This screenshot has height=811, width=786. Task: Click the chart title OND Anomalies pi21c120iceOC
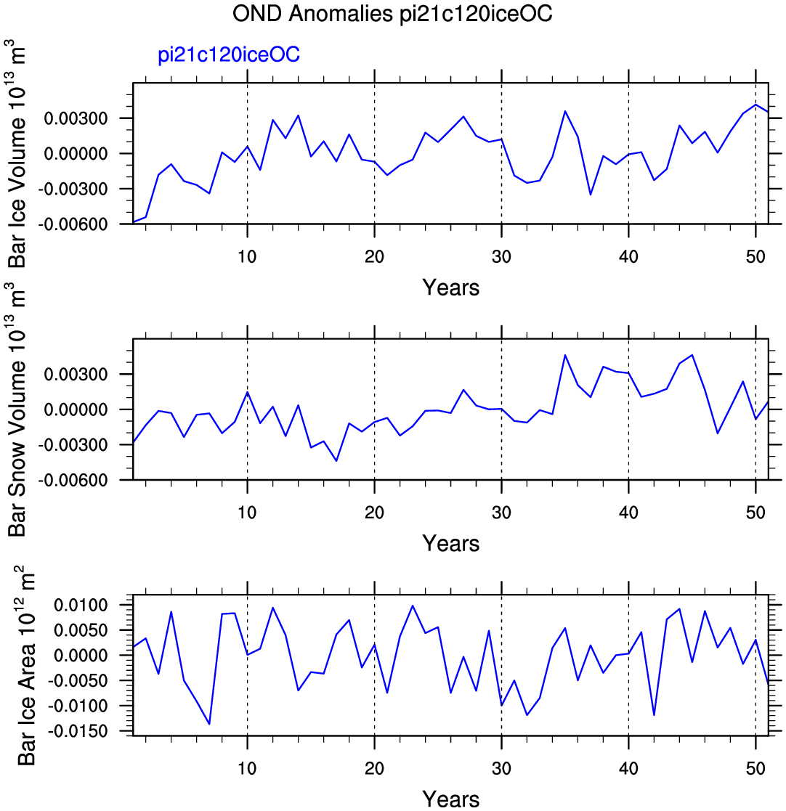point(392,14)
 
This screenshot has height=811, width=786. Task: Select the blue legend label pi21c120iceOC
point(229,54)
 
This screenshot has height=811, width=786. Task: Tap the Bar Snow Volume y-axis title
point(17,409)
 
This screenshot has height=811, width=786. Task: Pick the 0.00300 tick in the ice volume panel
point(76,118)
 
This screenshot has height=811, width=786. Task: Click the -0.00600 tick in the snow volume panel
point(73,481)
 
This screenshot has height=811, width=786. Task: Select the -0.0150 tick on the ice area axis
point(78,731)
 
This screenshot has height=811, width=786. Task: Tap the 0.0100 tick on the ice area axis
point(81,605)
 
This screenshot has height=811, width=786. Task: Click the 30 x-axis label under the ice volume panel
point(501,256)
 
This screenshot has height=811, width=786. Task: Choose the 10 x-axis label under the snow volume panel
point(247,513)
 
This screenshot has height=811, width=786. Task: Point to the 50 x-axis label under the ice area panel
point(755,768)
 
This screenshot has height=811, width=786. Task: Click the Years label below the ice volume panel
point(450,288)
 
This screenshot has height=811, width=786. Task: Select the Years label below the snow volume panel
point(450,544)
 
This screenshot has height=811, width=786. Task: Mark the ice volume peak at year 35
point(565,111)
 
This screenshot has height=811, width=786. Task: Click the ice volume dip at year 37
point(591,195)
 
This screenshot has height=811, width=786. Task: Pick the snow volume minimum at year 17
point(336,461)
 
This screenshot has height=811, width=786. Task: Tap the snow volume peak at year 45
point(692,355)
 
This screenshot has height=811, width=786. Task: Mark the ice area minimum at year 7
point(209,724)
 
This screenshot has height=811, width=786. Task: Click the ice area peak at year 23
point(413,606)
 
